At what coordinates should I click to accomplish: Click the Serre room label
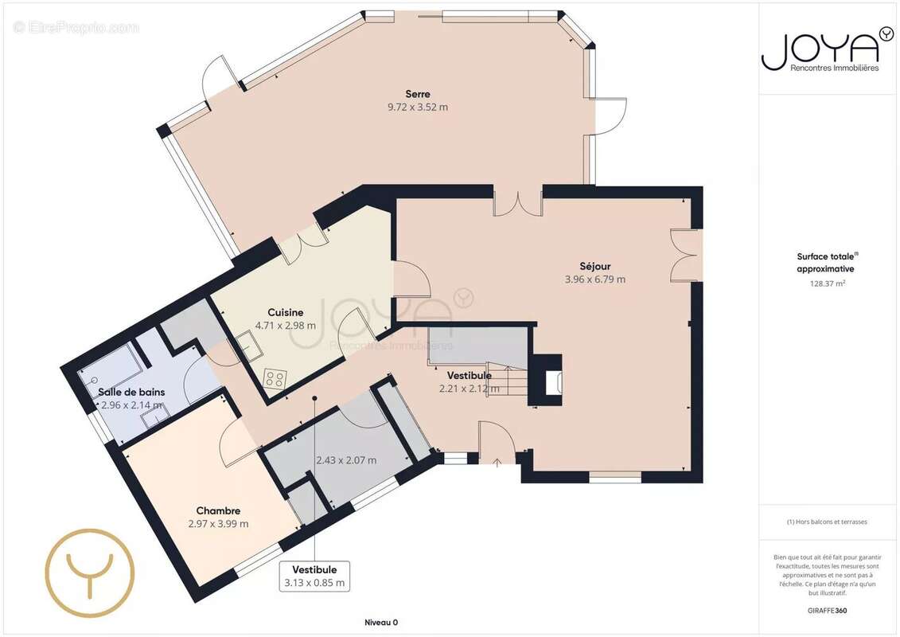pyautogui.click(x=417, y=94)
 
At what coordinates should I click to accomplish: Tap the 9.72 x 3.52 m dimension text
pyautogui.click(x=417, y=107)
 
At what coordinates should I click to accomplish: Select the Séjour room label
pyautogui.click(x=594, y=266)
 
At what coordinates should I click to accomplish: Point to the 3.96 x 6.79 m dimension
pyautogui.click(x=594, y=279)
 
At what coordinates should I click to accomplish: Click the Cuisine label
pyautogui.click(x=285, y=312)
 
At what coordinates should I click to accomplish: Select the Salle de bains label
pyautogui.click(x=131, y=392)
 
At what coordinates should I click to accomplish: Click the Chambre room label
pyautogui.click(x=218, y=510)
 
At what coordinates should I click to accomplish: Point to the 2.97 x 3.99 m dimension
pyautogui.click(x=218, y=524)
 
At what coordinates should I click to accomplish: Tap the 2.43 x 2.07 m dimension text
pyautogui.click(x=346, y=460)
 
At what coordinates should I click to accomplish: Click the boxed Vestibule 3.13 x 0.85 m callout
pyautogui.click(x=314, y=576)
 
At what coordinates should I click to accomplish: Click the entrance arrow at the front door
pyautogui.click(x=497, y=461)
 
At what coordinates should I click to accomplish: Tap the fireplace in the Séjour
pyautogui.click(x=547, y=380)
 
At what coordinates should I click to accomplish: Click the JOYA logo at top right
pyautogui.click(x=827, y=50)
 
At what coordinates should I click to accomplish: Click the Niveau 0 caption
pyautogui.click(x=381, y=622)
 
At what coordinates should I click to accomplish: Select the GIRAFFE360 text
pyautogui.click(x=827, y=610)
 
